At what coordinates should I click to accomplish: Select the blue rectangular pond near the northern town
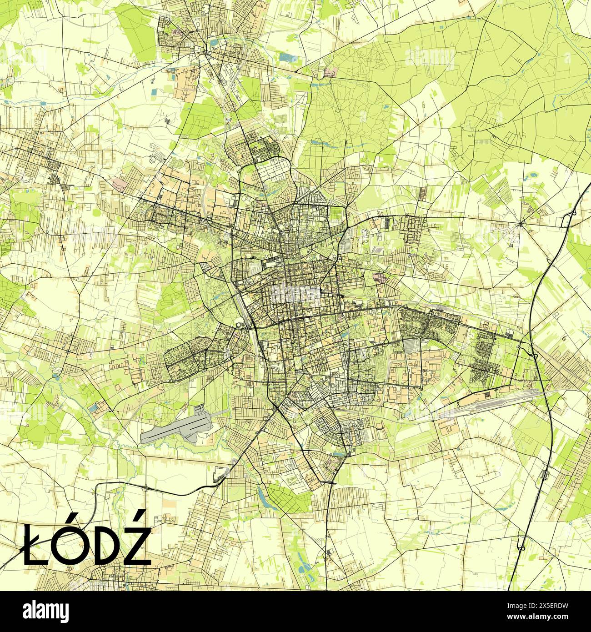[x=287, y=58]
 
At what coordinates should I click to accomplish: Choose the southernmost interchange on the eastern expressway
[x=521, y=542]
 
